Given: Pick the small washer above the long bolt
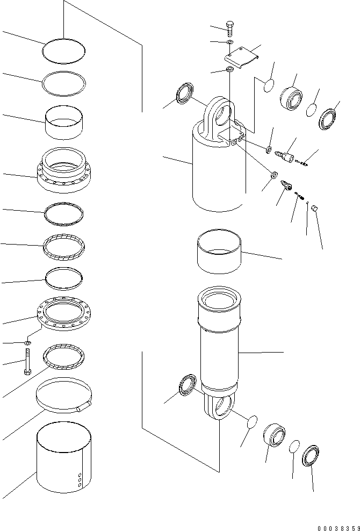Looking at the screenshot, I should pos(28,342).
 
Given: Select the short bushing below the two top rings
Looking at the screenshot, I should pos(64,122).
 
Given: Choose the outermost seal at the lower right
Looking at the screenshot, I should pos(311,457).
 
